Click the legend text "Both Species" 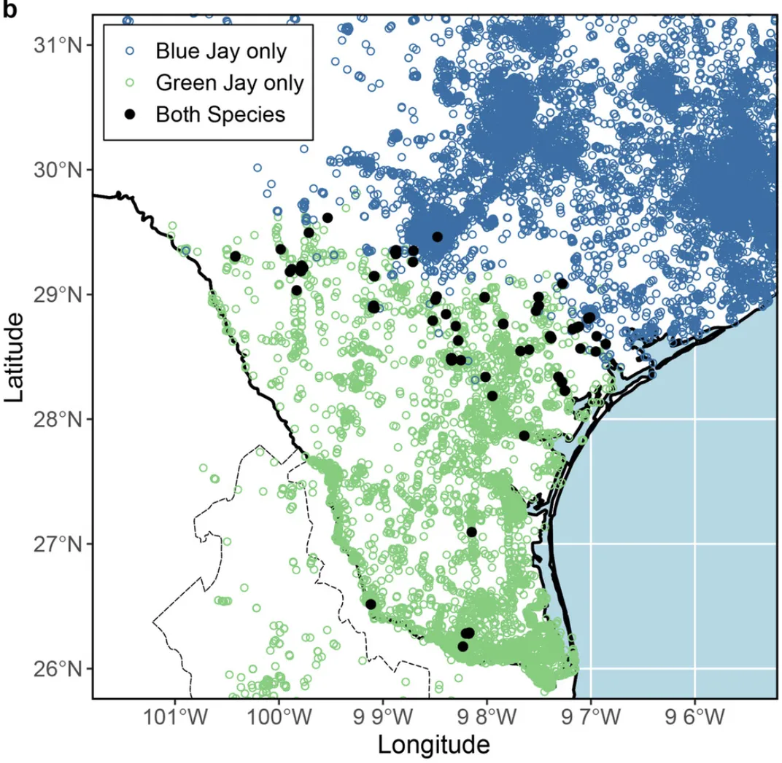[220, 114]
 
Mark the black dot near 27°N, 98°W [471, 532]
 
